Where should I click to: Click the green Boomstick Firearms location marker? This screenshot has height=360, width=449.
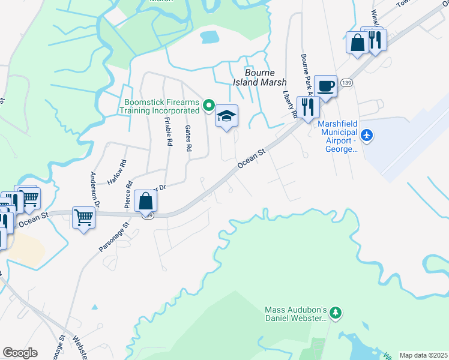click(209, 106)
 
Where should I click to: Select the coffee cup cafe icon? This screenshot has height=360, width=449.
click(325, 85)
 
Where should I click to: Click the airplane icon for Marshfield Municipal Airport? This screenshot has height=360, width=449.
click(368, 136)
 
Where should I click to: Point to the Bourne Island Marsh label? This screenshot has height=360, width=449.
click(256, 77)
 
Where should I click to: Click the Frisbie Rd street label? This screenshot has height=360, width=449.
click(168, 131)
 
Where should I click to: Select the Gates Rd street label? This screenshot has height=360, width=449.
click(188, 138)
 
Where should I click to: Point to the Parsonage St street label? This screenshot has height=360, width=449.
click(113, 238)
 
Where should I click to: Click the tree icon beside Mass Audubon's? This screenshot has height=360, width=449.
click(336, 312)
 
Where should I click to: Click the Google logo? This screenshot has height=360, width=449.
click(20, 353)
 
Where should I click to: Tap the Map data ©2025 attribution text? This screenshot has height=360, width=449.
click(423, 355)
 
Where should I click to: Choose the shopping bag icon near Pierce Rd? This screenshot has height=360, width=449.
click(146, 200)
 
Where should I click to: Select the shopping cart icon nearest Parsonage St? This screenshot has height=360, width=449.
click(83, 217)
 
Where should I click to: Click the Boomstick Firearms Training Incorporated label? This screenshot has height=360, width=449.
click(160, 106)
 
